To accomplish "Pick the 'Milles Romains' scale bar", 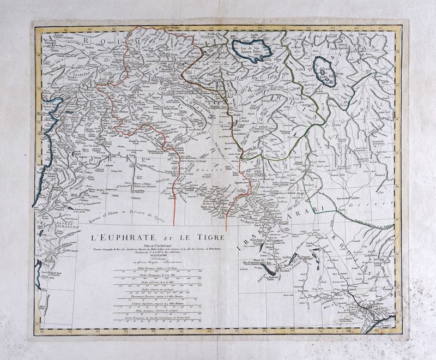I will point(159,272).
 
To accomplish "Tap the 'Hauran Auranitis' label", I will point(49,226).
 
